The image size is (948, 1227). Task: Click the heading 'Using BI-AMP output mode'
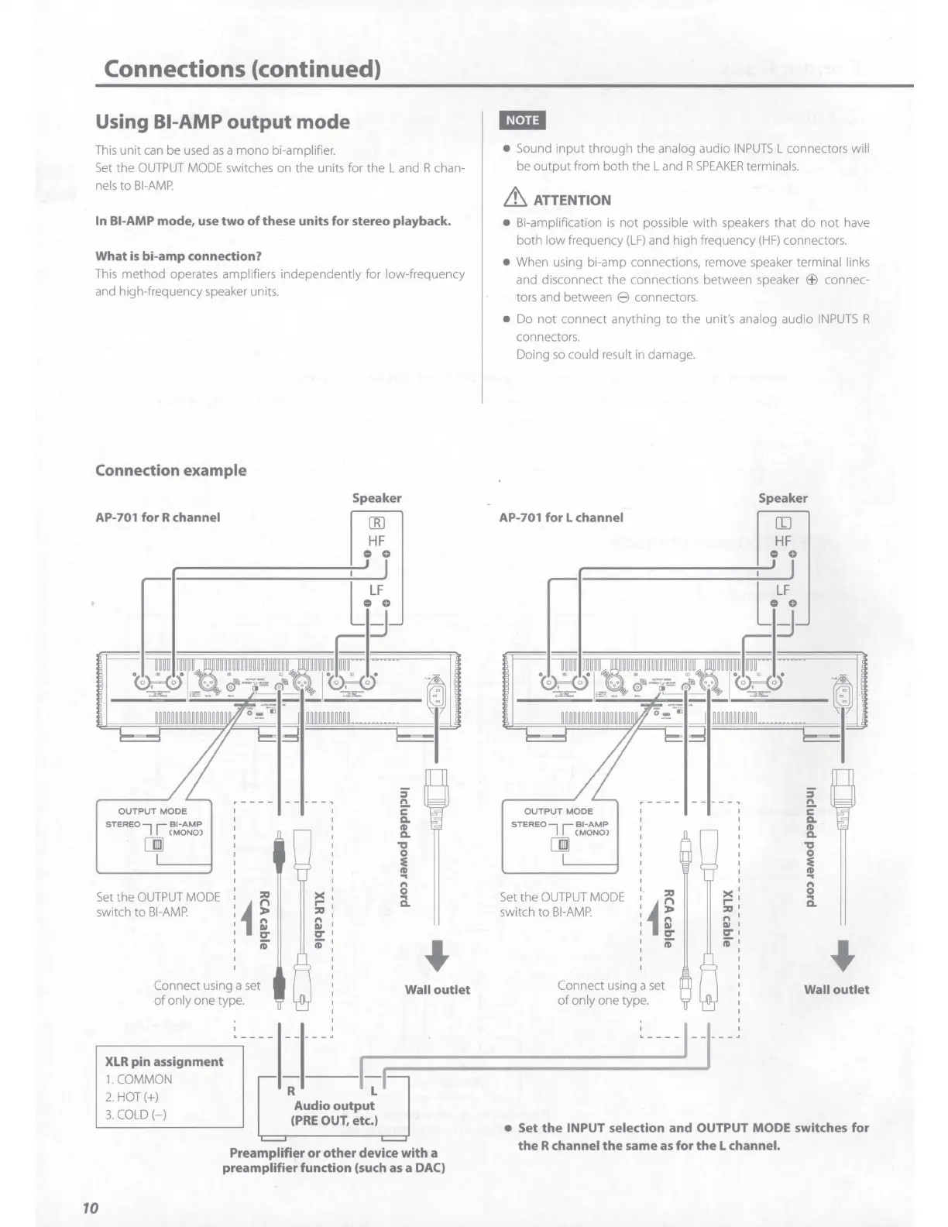click(x=222, y=122)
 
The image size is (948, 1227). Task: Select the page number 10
click(x=90, y=1208)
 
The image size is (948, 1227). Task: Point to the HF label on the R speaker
click(x=376, y=541)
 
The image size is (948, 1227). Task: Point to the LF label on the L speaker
click(x=783, y=590)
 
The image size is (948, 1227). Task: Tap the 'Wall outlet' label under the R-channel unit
click(x=438, y=989)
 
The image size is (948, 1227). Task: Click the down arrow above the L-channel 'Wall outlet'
click(x=842, y=954)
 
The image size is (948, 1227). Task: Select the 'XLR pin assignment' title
click(x=164, y=1061)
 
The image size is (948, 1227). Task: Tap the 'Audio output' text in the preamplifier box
click(x=334, y=1105)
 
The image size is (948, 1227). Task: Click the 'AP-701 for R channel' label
click(x=157, y=517)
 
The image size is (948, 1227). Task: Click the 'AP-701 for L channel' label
click(x=561, y=517)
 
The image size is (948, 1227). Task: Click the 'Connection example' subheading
click(x=170, y=470)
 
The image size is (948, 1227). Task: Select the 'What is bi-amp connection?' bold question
click(x=178, y=256)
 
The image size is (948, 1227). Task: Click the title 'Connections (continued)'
click(x=242, y=69)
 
